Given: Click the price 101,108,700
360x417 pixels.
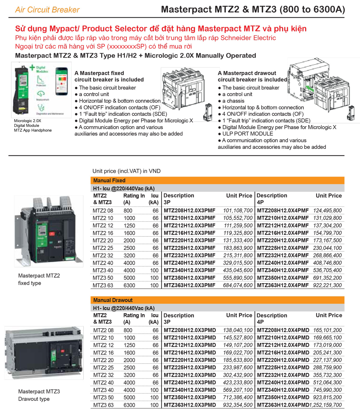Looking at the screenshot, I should coord(238,211).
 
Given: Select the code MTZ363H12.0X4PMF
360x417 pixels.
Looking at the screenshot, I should coord(283,285).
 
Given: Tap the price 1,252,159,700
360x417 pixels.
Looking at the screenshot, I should coord(325,405).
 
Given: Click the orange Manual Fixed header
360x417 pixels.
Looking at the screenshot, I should coord(109,180).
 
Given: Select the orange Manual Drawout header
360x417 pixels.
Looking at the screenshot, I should coord(113,300).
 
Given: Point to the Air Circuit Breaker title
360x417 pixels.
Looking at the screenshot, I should coord(47,10).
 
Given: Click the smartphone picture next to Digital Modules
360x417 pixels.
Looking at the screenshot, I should coord(62,81).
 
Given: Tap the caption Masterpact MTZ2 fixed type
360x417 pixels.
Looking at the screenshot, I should coord(39,279).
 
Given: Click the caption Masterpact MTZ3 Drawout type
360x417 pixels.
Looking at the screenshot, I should coord(39,395).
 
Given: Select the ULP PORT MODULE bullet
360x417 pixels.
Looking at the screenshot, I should coord(247,134).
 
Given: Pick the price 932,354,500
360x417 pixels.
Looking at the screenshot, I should coord(238,405).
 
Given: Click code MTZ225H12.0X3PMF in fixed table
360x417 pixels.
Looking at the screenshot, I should coord(189,248).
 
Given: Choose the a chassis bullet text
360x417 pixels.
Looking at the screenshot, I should coord(233,101).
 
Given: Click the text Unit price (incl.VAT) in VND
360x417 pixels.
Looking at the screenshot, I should coord(126,171).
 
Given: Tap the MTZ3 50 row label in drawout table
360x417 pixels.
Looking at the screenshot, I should coord(103,397).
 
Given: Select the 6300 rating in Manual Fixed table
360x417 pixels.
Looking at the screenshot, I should coord(129,285).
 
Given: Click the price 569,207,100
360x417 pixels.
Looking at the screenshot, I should coord(238,390).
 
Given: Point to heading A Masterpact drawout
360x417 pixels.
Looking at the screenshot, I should coord(247,73).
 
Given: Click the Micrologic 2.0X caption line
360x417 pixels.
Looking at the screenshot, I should coord(28,121).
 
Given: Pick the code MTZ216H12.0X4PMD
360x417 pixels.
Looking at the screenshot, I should coord(283,352).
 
